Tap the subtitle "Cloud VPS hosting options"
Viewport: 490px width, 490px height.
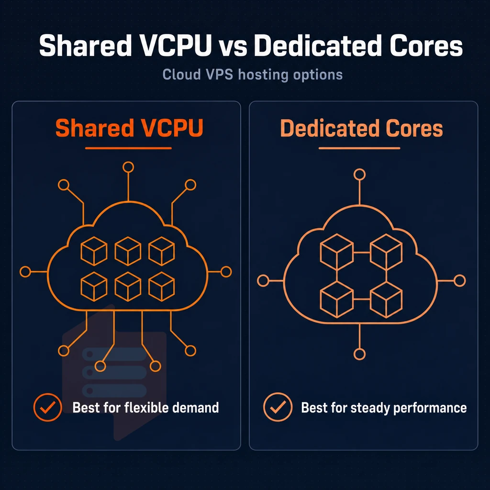tap(253, 75)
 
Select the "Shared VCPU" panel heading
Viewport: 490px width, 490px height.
tap(129, 128)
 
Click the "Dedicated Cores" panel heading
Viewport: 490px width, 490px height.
tap(361, 128)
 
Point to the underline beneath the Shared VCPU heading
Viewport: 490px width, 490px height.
tap(128, 148)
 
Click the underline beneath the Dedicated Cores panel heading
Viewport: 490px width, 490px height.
tap(359, 148)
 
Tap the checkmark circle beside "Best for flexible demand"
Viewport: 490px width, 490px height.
tap(48, 407)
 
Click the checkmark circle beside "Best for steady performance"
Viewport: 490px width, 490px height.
tap(278, 407)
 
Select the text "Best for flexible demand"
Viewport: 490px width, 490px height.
tap(145, 408)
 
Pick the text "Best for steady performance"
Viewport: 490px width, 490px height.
tap(384, 408)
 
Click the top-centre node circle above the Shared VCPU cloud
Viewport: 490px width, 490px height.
tap(128, 167)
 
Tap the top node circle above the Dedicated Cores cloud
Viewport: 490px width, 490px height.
tap(359, 174)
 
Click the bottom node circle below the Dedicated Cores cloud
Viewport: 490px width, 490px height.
tap(359, 355)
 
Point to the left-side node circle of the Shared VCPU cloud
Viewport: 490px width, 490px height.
tap(25, 272)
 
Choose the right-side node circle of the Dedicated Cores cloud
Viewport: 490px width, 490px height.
tap(460, 280)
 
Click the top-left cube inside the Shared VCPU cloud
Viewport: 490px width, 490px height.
tap(94, 251)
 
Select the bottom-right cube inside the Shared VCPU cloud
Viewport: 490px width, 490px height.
tap(162, 287)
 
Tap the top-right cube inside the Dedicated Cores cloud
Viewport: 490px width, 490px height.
tap(386, 252)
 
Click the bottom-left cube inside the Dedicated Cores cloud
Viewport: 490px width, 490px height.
tap(337, 300)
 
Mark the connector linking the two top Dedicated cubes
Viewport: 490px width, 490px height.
tap(362, 252)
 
